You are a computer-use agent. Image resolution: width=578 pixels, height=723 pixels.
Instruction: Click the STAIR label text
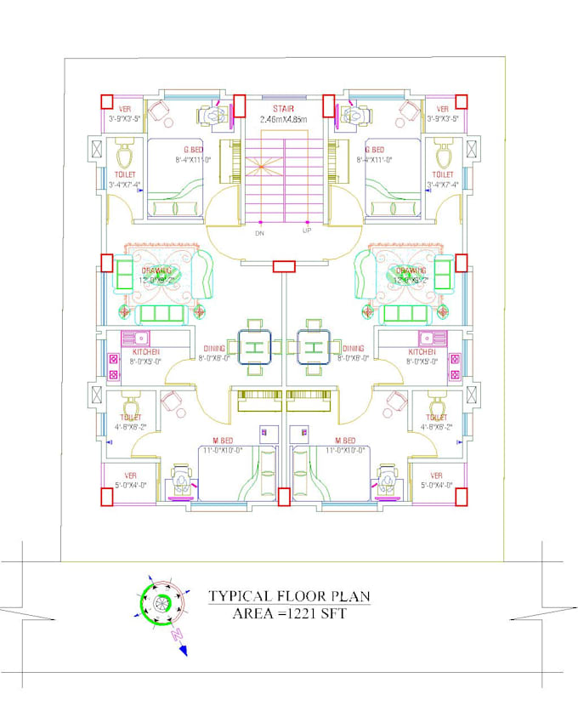coord(284,110)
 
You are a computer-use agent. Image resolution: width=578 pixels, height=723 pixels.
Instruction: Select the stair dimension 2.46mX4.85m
coord(284,121)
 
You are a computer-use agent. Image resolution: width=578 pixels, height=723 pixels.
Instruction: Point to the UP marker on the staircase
coord(307,231)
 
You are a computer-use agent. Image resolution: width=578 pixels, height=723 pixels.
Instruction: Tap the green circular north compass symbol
coord(156,604)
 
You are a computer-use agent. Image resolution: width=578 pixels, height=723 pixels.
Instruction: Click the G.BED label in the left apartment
coord(193,150)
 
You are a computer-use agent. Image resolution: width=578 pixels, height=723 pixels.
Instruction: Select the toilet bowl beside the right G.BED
coord(443,157)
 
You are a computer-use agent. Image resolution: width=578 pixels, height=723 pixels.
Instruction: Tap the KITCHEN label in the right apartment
coord(422,351)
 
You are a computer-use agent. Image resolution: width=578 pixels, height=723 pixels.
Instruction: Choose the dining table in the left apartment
coord(255,347)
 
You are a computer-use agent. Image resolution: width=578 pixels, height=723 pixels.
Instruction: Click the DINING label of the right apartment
coord(354,348)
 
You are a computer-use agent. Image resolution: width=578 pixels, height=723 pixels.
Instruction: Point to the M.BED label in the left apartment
coord(225,441)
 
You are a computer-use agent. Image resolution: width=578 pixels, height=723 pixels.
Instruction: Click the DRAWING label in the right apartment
coord(410,270)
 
